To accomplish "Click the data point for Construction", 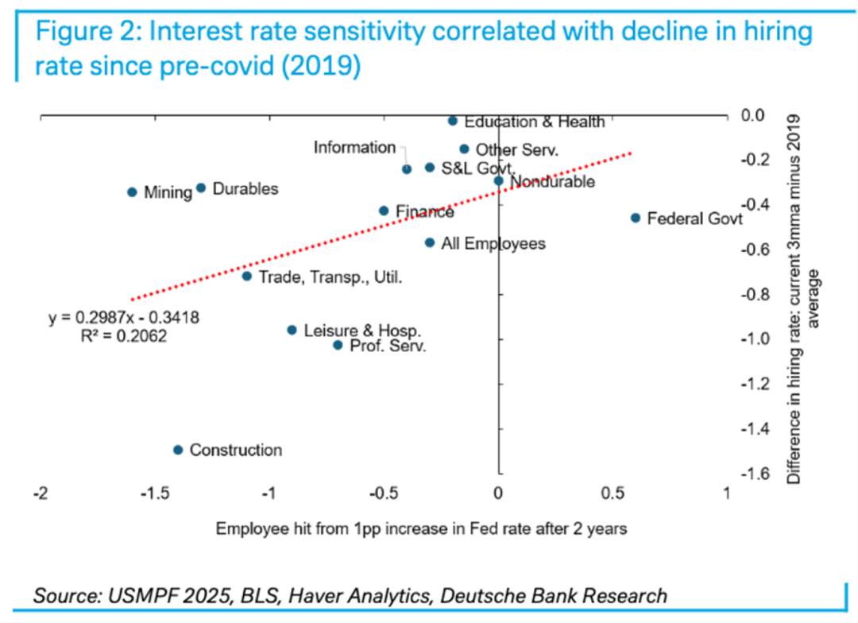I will (x=178, y=450).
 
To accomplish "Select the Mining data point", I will (x=133, y=192).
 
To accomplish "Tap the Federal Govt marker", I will (x=636, y=218).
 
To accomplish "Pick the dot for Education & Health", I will (x=453, y=121).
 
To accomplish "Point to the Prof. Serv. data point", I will (x=338, y=345).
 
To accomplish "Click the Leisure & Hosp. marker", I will (x=292, y=330).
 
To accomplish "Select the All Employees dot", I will (x=430, y=242).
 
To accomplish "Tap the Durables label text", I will (x=245, y=189).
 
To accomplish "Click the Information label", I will (x=354, y=148).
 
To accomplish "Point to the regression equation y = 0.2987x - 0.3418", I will (x=123, y=318).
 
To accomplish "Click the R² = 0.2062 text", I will (x=123, y=336).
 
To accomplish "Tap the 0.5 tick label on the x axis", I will (x=612, y=493).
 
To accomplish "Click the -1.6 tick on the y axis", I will (x=756, y=474).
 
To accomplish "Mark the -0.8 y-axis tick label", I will (x=756, y=294).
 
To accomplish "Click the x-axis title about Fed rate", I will (x=421, y=528).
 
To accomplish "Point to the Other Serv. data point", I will (x=465, y=149).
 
